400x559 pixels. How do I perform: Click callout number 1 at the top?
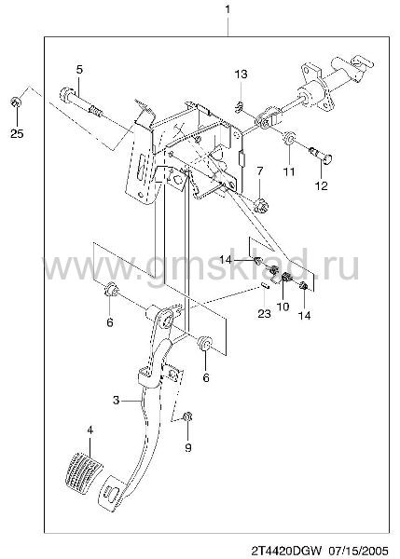click(228, 9)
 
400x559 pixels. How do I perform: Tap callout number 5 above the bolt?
click(79, 69)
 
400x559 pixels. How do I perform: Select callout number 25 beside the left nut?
click(17, 133)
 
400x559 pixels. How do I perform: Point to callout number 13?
click(241, 75)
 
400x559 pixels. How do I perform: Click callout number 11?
click(289, 171)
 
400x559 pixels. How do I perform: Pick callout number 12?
click(321, 185)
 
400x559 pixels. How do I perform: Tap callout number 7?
click(259, 171)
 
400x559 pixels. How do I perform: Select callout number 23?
click(265, 314)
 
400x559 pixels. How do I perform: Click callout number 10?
click(283, 307)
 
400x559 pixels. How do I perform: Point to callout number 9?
click(188, 447)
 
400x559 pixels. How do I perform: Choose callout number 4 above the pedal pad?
click(90, 430)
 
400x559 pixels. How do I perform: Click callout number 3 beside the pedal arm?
click(116, 401)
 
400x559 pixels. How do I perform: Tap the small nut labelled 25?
click(16, 102)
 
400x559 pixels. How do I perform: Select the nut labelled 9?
click(187, 416)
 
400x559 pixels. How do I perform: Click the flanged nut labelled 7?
click(260, 206)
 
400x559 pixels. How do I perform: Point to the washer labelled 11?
click(288, 138)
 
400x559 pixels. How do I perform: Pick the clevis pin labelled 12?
click(321, 156)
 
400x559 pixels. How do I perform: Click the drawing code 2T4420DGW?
click(287, 550)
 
